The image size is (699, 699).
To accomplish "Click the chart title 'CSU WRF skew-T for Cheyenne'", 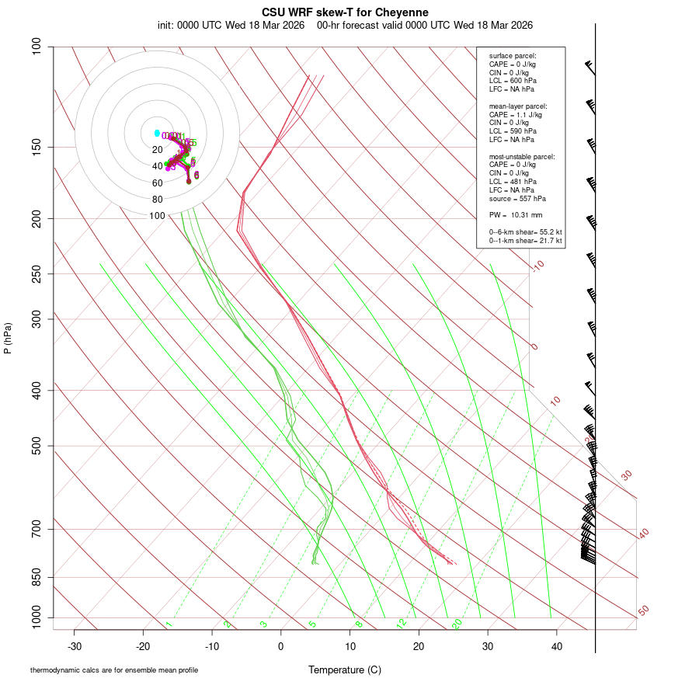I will point(345,12).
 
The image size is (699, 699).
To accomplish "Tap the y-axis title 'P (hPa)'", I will point(8,338).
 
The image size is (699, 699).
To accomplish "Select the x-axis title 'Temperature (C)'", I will point(345,669).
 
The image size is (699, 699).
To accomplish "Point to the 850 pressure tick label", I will point(37,577).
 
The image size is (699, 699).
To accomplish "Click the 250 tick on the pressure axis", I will point(37,273).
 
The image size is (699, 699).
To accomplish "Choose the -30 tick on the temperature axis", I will point(75,645).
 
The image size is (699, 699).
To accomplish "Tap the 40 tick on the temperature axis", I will point(556,645).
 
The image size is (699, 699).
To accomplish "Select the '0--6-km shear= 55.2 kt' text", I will point(525,232).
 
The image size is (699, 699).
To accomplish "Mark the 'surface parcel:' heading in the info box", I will point(513,56).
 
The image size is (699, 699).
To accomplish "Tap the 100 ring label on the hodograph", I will point(157,216).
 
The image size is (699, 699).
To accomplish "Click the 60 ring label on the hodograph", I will point(157,183).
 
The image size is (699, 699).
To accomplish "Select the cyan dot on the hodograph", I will point(157,133).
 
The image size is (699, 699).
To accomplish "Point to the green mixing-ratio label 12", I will point(402,623).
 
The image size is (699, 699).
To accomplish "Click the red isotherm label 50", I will point(643,611).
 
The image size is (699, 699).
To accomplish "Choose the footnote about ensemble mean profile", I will point(114,670).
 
